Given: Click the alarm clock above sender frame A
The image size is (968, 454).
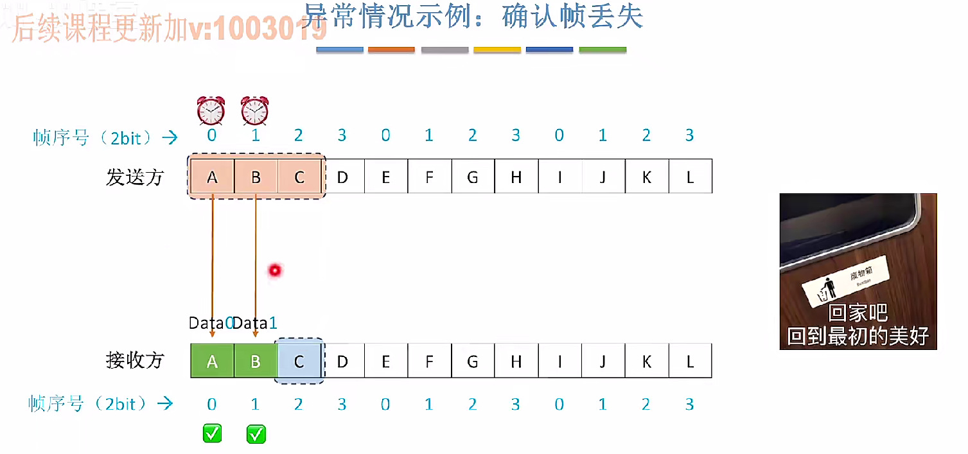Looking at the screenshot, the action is pyautogui.click(x=211, y=110).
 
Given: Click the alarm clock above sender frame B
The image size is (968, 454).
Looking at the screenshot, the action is pyautogui.click(x=255, y=110).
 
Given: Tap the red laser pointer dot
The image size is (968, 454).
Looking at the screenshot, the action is pyautogui.click(x=276, y=271).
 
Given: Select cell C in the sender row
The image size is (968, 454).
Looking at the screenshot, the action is pyautogui.click(x=299, y=177).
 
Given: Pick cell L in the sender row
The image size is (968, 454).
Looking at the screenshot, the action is pyautogui.click(x=690, y=177).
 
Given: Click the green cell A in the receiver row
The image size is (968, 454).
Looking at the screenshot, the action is pyautogui.click(x=212, y=362).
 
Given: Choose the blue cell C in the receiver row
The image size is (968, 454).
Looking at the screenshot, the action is pyautogui.click(x=299, y=362).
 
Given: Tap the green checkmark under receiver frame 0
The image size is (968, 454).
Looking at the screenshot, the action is pyautogui.click(x=212, y=433).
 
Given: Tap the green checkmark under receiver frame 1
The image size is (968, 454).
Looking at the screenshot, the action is pyautogui.click(x=256, y=433).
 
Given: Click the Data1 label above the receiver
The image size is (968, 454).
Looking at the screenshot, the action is pyautogui.click(x=255, y=323).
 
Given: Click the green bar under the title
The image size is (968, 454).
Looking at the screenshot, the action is pyautogui.click(x=603, y=49).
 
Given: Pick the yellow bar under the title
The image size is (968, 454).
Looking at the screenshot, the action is pyautogui.click(x=497, y=49).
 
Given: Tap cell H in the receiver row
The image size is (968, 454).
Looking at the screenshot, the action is pyautogui.click(x=516, y=362).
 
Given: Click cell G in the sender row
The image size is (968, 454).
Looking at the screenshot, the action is pyautogui.click(x=473, y=177).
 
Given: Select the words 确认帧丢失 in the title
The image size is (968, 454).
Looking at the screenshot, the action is pyautogui.click(x=572, y=17).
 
